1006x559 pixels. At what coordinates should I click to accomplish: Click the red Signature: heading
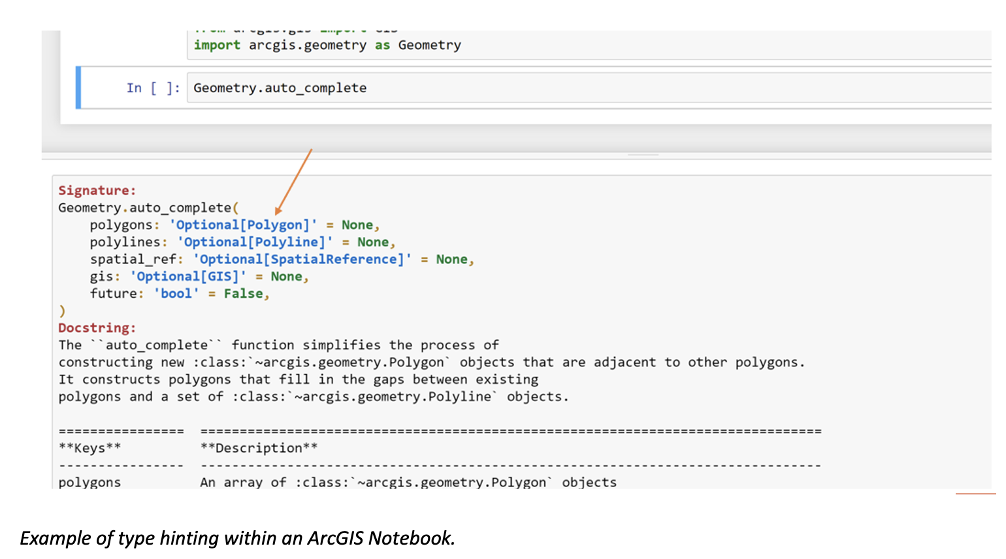(x=97, y=191)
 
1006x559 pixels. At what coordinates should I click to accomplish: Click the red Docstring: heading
(x=97, y=328)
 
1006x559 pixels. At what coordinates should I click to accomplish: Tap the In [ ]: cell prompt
(x=153, y=88)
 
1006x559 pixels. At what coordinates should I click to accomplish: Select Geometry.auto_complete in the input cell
(x=280, y=88)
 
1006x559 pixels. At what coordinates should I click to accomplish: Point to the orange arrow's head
(x=278, y=211)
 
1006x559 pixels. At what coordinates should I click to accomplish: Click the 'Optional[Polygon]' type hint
(x=243, y=225)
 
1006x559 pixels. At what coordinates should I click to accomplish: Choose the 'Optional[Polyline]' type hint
(x=255, y=242)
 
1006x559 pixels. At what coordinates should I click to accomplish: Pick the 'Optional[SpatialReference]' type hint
(x=302, y=259)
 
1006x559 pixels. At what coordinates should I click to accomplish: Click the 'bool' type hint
(x=176, y=294)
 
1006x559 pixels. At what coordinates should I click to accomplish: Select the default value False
(x=243, y=294)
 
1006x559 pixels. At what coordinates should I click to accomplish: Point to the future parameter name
(x=113, y=294)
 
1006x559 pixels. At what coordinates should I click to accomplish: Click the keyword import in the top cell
(x=217, y=45)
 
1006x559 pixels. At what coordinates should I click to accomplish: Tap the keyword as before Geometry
(x=382, y=45)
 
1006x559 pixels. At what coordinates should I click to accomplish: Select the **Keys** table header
(x=89, y=448)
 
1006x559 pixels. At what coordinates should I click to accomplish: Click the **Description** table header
(x=259, y=448)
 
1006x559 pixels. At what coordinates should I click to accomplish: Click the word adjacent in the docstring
(x=625, y=362)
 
